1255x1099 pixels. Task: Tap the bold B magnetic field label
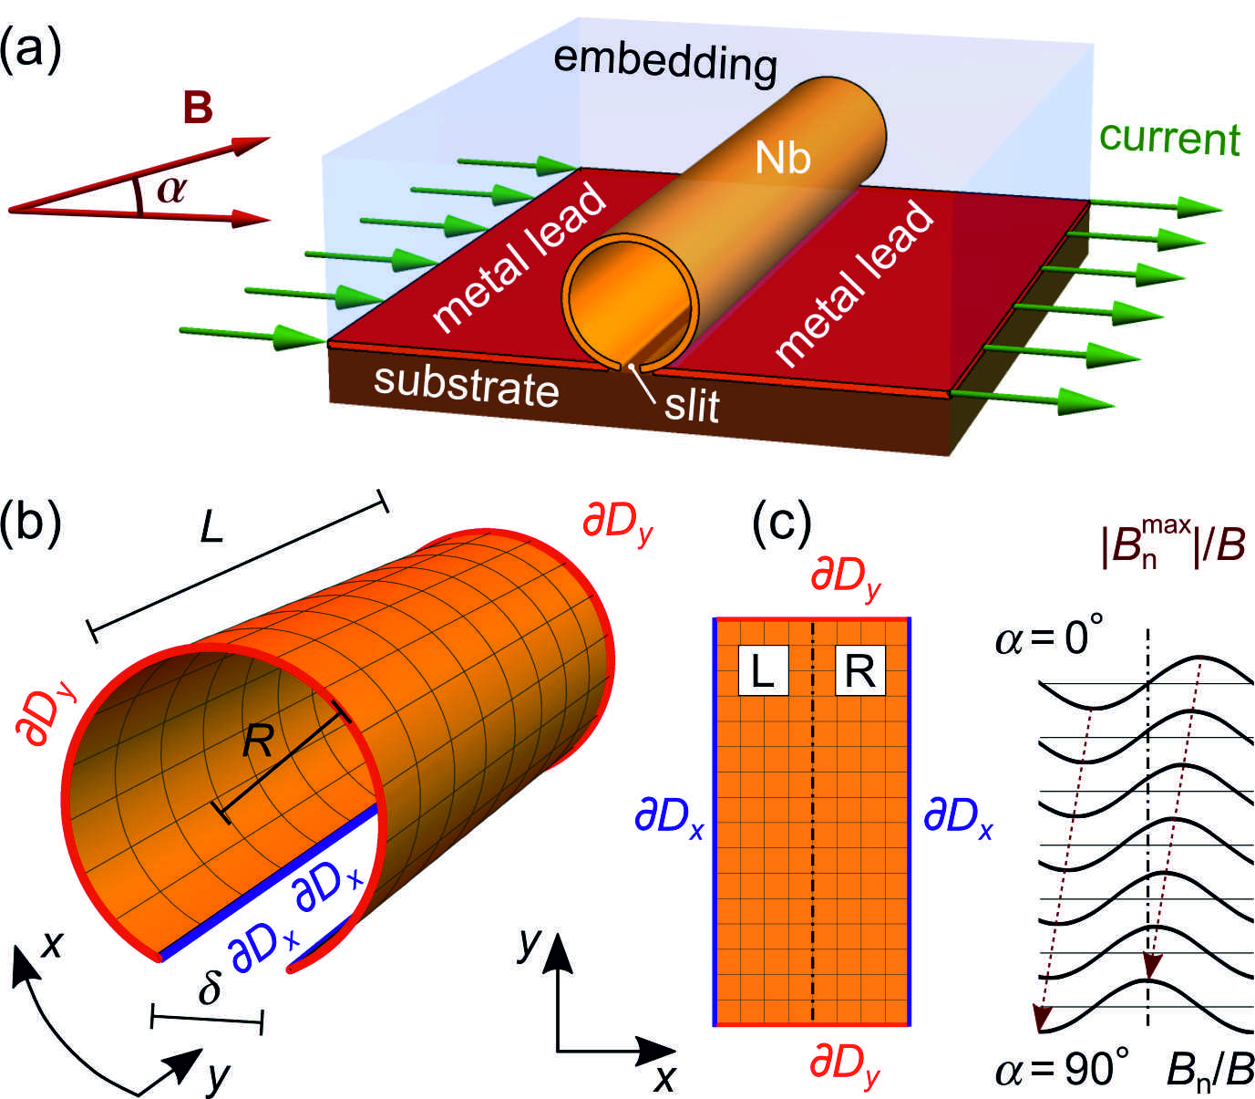pyautogui.click(x=198, y=108)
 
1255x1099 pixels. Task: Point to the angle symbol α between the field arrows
pyautogui.click(x=171, y=189)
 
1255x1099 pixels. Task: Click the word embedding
pyautogui.click(x=665, y=61)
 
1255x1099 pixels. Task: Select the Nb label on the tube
pyautogui.click(x=783, y=158)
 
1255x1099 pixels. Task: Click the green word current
pyautogui.click(x=1169, y=138)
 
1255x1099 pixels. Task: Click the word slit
pyautogui.click(x=692, y=406)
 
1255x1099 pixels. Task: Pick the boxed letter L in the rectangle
pyautogui.click(x=762, y=671)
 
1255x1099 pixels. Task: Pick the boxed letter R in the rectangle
pyautogui.click(x=860, y=671)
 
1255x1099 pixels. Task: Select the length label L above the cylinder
pyautogui.click(x=211, y=526)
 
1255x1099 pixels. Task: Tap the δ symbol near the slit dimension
pyautogui.click(x=210, y=987)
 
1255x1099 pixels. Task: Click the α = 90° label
pyautogui.click(x=1063, y=1067)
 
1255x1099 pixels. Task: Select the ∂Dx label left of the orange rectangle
pyautogui.click(x=670, y=816)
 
